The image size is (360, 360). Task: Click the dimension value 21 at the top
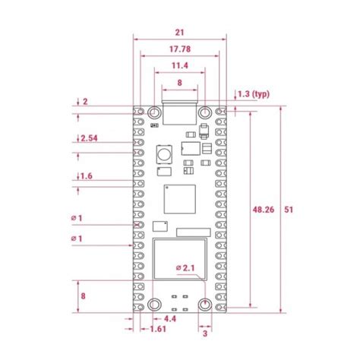(x=180, y=32)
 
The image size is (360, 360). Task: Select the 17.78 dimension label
(x=180, y=49)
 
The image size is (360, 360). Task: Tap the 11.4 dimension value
(x=180, y=66)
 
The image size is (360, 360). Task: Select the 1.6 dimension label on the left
(x=87, y=176)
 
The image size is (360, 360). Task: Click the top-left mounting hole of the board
(x=154, y=112)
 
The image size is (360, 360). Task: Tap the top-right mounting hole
(x=205, y=112)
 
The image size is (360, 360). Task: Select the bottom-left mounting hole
(x=154, y=305)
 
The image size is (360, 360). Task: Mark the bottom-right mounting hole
(x=205, y=305)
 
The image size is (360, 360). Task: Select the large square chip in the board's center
(x=179, y=200)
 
